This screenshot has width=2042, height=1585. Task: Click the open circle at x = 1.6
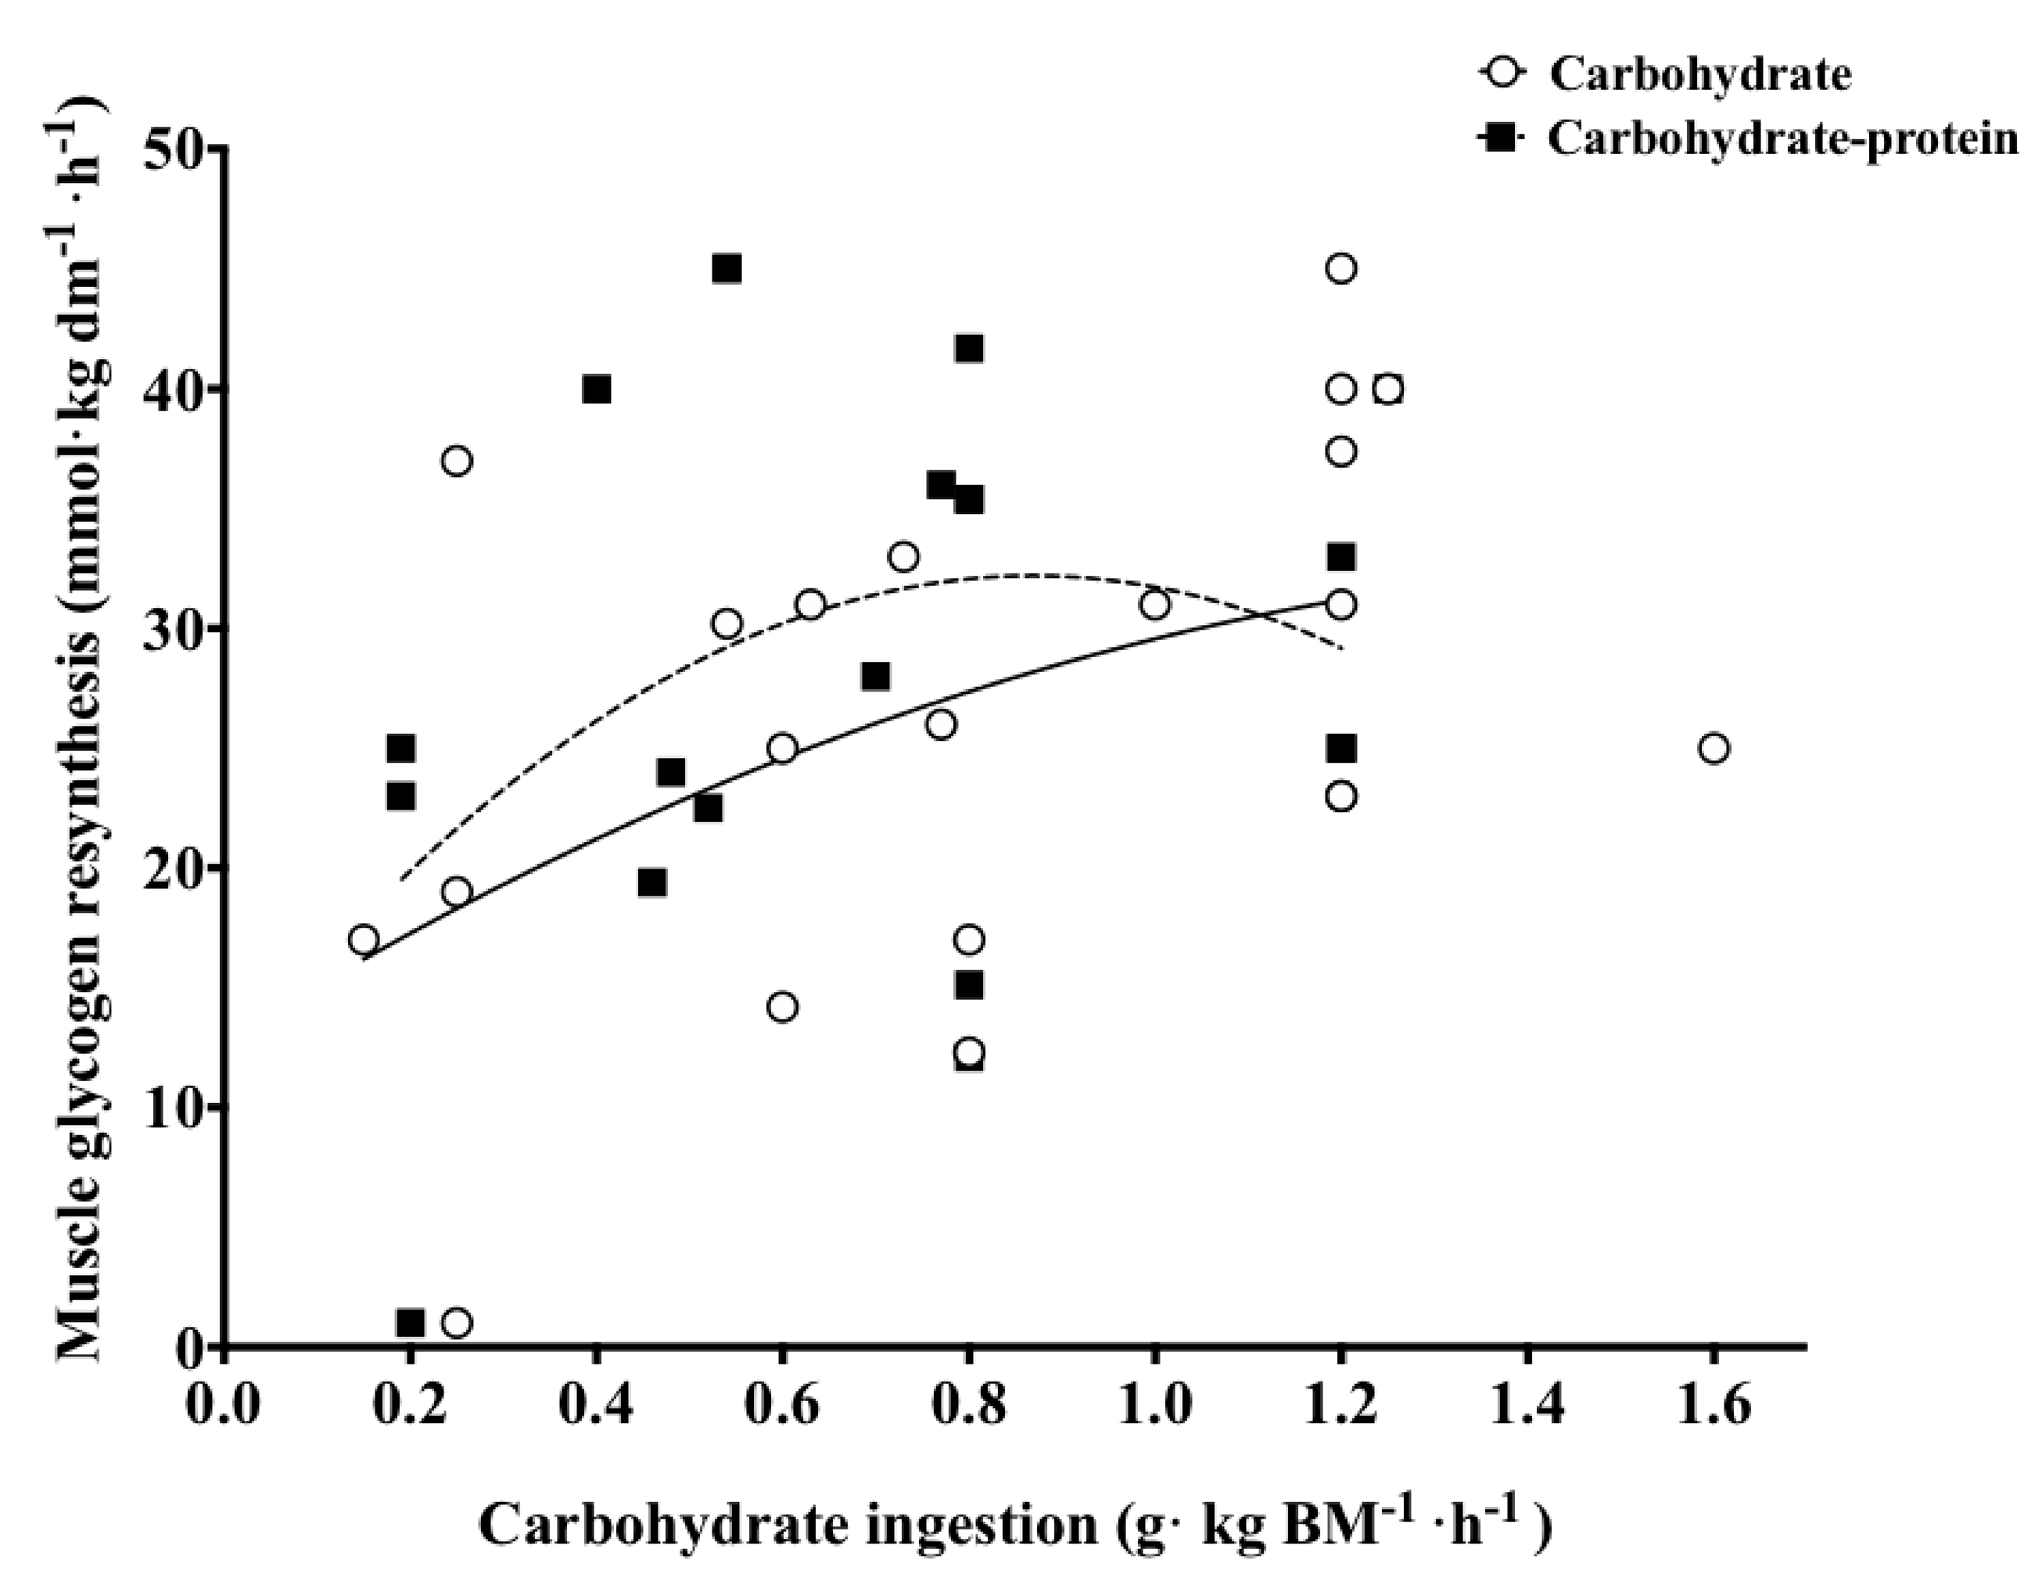[x=1713, y=748]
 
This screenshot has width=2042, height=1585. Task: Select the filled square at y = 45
[x=727, y=269]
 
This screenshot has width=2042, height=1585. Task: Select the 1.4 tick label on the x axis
[x=1527, y=1404]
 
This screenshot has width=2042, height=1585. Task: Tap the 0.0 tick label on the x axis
[x=223, y=1404]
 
